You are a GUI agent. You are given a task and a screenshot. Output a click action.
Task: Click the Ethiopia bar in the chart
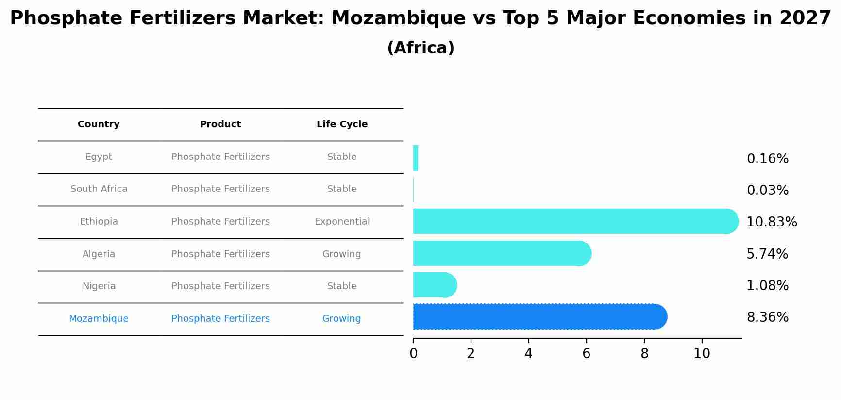573,221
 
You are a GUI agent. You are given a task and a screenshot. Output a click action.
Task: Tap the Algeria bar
500,253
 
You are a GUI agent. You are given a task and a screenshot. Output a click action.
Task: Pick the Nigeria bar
434,285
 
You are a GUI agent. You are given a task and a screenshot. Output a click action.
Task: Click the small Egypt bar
416,158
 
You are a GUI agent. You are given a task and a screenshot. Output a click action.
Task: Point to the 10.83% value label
772,222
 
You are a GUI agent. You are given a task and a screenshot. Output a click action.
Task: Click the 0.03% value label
767,191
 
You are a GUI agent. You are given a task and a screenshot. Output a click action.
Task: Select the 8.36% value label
767,317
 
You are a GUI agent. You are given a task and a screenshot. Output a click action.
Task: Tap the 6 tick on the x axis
586,354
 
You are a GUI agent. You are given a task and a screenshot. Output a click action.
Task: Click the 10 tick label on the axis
702,354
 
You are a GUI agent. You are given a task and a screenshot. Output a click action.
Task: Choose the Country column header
99,124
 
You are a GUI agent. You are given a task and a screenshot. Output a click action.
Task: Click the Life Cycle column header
342,124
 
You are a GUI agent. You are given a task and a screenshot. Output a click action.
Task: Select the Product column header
220,124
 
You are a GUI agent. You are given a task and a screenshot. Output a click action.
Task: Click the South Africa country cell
99,189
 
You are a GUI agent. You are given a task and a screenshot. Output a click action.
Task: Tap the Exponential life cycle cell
342,222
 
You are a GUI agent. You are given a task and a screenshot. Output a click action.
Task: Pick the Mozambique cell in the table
99,319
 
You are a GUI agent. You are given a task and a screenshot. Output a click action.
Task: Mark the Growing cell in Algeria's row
342,254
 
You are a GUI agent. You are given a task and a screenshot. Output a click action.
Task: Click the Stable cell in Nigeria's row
342,286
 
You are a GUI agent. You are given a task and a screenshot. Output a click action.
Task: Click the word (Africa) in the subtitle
420,48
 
